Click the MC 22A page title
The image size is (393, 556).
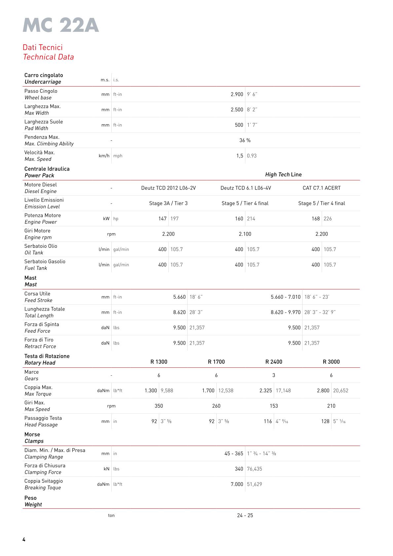coord(61,25)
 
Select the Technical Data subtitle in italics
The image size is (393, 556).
coord(48,57)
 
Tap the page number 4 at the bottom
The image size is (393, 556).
coord(24,539)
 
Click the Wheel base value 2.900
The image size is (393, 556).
coord(237,94)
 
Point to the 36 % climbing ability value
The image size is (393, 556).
coord(245,140)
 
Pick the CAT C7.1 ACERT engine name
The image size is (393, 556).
coord(321,188)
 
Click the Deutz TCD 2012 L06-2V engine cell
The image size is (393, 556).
coord(168,188)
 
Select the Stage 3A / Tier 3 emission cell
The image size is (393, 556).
coord(168,204)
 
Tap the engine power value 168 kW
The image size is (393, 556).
coord(316,219)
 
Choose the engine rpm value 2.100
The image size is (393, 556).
coord(245,234)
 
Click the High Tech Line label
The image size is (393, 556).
coord(283,174)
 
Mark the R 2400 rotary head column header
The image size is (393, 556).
coord(274,362)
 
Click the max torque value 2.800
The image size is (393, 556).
coord(323,390)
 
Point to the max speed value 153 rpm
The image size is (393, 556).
coord(274,406)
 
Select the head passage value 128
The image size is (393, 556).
coord(325,421)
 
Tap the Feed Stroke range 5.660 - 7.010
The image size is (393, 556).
coord(286,297)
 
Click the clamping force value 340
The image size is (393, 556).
coord(239,469)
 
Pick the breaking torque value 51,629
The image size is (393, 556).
coord(255,484)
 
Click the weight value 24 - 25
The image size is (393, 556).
coord(245,515)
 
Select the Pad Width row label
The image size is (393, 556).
coord(36,129)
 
